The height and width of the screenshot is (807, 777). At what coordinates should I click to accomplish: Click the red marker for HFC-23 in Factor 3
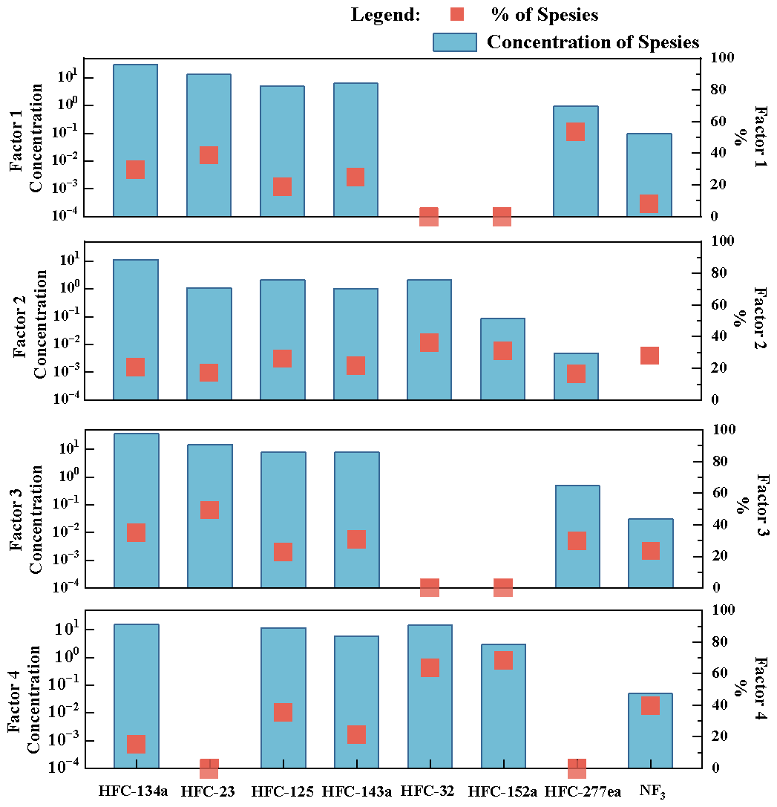point(209,510)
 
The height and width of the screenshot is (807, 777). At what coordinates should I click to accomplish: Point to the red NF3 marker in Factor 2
point(649,356)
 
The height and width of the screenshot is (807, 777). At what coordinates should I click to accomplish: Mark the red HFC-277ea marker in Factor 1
point(576,132)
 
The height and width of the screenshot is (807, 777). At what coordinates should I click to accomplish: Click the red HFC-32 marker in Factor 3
point(430,587)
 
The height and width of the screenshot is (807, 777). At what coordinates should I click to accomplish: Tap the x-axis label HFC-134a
point(134,791)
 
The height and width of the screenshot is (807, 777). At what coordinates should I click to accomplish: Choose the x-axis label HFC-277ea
point(583,791)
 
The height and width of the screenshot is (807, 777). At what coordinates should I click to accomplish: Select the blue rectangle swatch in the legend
point(454,42)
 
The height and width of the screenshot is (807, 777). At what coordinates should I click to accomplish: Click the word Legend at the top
point(385,15)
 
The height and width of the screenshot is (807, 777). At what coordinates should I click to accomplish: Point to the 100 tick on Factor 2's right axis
point(723,241)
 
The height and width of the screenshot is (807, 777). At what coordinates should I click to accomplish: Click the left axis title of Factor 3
point(27,509)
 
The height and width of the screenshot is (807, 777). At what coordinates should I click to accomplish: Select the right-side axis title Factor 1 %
point(750,137)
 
